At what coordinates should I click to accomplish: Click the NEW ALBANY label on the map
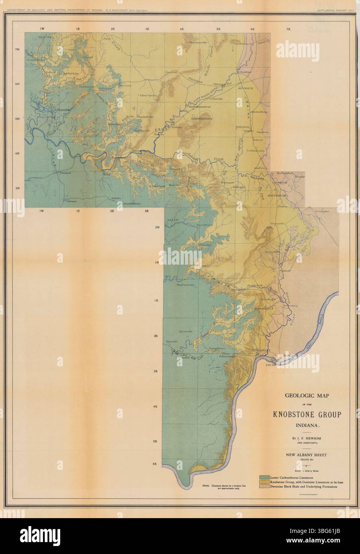click(261, 350)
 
